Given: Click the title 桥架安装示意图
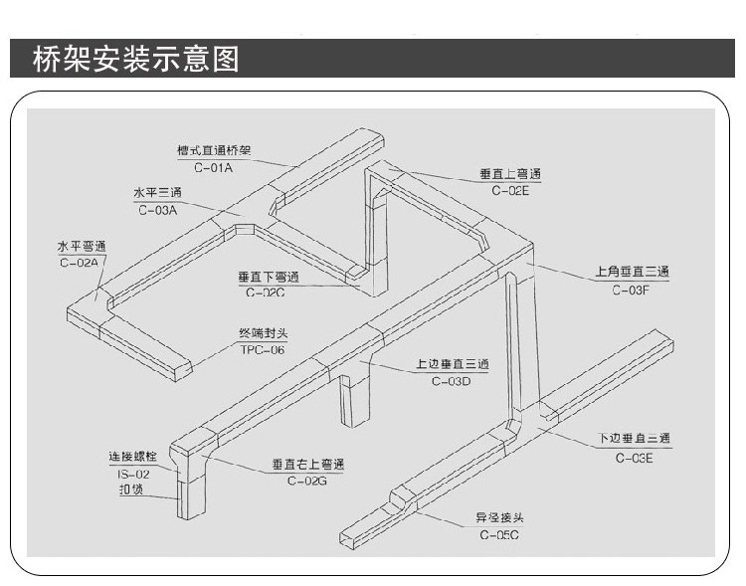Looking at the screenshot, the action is click(x=136, y=59).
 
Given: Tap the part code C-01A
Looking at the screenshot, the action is click(x=213, y=168).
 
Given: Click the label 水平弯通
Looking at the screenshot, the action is click(x=81, y=246).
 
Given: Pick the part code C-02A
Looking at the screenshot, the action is click(x=80, y=263).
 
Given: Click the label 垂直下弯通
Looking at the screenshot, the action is click(x=269, y=277).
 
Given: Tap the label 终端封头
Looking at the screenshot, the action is click(x=264, y=333).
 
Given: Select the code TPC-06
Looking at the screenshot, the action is click(x=263, y=350).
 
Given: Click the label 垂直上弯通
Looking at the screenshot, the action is click(x=510, y=174).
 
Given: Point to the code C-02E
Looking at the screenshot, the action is click(x=510, y=191).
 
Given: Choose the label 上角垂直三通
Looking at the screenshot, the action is click(x=631, y=272).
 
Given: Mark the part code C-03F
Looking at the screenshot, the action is click(x=631, y=290).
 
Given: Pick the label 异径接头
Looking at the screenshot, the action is click(x=498, y=518).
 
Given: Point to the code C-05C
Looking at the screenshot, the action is click(x=498, y=535).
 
